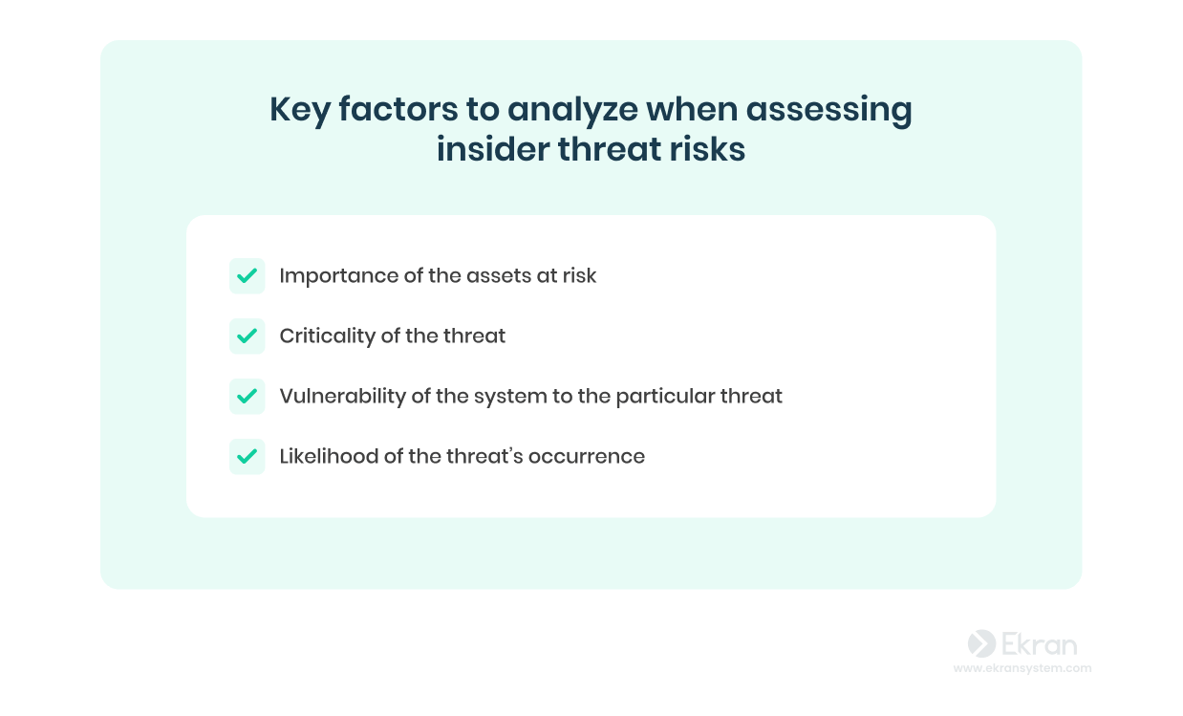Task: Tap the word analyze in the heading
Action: tap(572, 110)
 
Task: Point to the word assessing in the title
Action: tap(828, 110)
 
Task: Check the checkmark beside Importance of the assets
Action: tap(247, 276)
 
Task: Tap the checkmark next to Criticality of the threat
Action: tap(247, 336)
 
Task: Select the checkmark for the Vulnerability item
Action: tap(247, 396)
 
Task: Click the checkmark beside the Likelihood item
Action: tap(247, 457)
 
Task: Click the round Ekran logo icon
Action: tap(981, 643)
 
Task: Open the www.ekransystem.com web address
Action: tap(1022, 668)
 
